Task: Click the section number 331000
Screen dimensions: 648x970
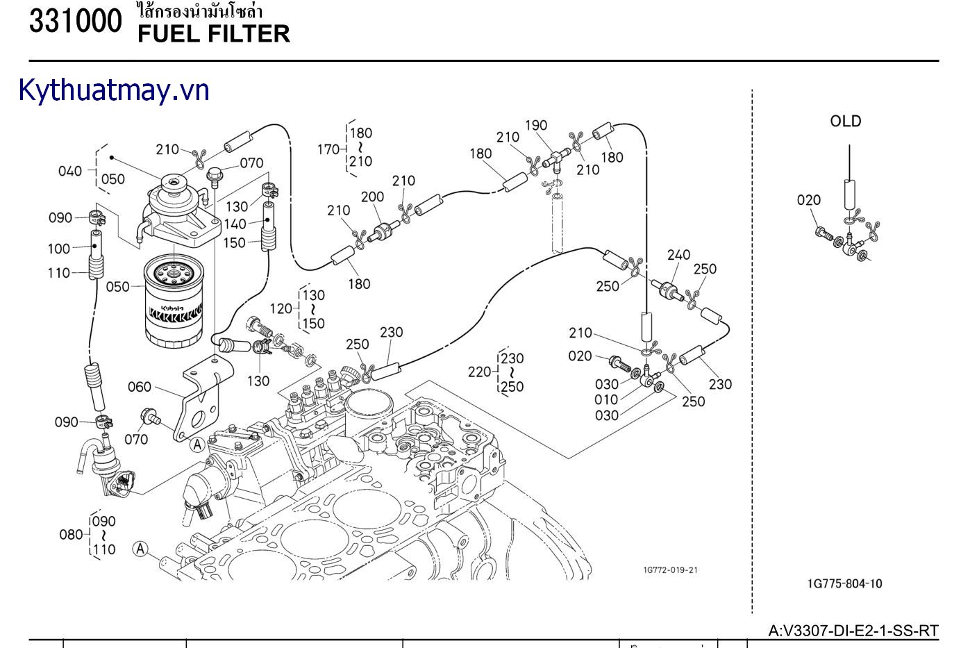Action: coord(75,22)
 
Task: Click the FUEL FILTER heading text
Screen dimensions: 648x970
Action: coord(213,33)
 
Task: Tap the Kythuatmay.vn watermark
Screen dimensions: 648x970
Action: coord(114,90)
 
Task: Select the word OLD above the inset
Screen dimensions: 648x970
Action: coord(845,122)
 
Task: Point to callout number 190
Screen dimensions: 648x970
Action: coord(536,126)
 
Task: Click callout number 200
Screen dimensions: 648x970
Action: coord(372,197)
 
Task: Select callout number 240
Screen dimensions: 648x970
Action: coord(678,255)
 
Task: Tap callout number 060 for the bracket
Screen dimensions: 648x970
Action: coord(140,387)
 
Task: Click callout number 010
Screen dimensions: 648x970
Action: coord(606,399)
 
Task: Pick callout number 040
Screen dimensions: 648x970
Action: coord(70,171)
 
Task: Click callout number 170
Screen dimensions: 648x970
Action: coord(328,149)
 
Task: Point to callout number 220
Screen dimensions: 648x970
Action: coord(479,372)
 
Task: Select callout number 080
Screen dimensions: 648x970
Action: coord(71,535)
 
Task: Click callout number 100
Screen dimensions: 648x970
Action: coord(59,249)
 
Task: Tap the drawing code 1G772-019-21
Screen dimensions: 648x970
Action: coord(670,570)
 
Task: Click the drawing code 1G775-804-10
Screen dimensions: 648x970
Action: coord(845,583)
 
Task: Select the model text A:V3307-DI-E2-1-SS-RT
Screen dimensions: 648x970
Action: coord(853,631)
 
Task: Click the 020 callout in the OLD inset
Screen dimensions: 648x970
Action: coord(809,200)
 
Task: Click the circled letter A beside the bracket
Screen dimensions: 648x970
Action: coord(198,445)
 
